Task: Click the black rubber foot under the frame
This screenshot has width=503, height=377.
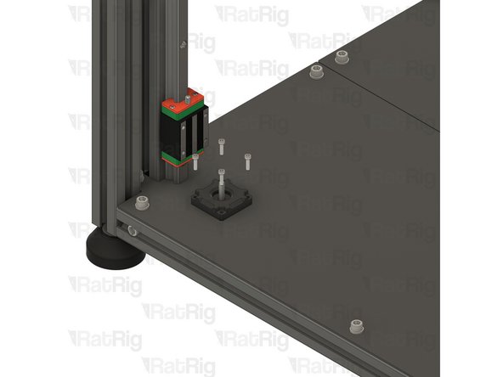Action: click(114, 250)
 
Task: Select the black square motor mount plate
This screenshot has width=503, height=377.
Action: click(222, 200)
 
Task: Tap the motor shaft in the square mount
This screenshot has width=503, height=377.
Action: click(221, 187)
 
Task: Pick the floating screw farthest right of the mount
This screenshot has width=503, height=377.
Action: click(247, 161)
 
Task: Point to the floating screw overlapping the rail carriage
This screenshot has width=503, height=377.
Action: click(195, 161)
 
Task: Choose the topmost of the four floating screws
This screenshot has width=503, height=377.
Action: click(222, 147)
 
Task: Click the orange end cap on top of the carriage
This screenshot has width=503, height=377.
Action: click(183, 100)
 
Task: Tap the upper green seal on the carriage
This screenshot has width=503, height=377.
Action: click(183, 110)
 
